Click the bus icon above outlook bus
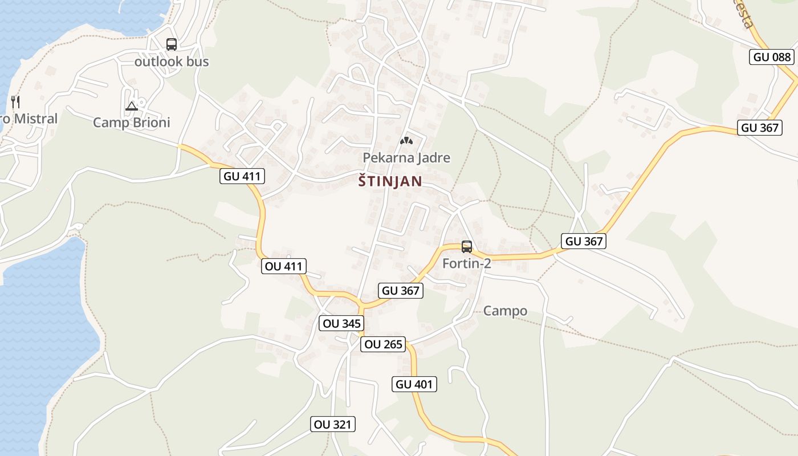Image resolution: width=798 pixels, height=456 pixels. pos(171,44)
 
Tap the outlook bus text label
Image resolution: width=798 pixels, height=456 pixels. pos(172,62)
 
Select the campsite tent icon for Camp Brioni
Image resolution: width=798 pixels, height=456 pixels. pos(132,106)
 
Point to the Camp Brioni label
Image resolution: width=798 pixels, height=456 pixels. pos(132,123)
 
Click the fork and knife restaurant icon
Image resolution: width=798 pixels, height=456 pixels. pos(15,102)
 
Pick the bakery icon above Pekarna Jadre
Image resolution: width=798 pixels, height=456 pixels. pos(406,140)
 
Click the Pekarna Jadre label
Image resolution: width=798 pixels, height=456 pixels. pos(406,158)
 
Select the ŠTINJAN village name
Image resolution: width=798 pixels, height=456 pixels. pos(390,181)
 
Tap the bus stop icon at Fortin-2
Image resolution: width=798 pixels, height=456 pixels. pos(466,247)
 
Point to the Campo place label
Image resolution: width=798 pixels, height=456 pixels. pos(505,311)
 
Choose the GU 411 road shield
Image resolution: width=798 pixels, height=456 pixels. pos(242,176)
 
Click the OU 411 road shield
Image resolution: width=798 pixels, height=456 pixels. pos(284,266)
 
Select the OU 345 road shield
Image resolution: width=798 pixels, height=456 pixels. pos(341,324)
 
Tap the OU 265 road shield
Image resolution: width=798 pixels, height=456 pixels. pos(383,344)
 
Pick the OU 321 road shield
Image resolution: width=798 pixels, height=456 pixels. pos(333,424)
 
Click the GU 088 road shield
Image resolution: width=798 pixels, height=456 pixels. pos(772,56)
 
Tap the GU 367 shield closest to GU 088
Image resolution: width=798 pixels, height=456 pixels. pos(760,128)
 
